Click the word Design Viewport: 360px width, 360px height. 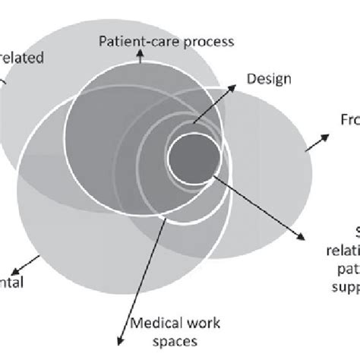[264, 78]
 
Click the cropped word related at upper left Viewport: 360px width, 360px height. [22, 57]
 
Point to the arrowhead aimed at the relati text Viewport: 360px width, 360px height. [305, 235]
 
